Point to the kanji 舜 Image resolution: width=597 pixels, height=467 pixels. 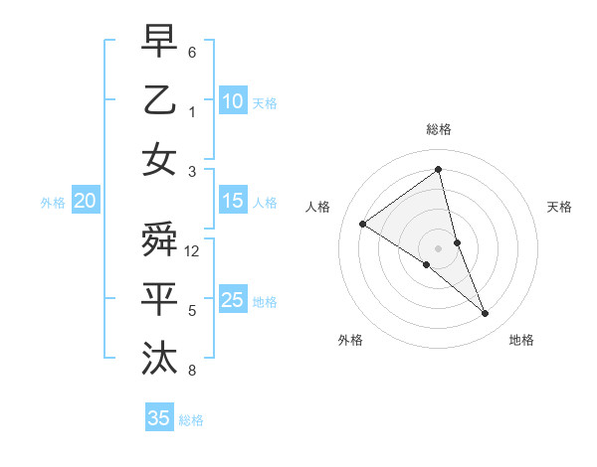coord(159,239)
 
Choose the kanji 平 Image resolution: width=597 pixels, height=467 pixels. coord(159,299)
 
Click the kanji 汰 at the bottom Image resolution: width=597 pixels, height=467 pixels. coord(159,359)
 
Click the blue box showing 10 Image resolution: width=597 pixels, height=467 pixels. coord(232,100)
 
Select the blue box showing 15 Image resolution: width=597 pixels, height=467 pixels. coord(232,201)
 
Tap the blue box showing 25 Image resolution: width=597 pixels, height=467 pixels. coord(232,300)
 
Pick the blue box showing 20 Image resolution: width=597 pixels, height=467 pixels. coord(85,201)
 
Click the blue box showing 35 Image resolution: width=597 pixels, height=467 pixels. coord(158,418)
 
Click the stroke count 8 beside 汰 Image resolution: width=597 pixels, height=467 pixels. coord(192,371)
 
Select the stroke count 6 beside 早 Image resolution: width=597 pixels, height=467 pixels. coord(192,52)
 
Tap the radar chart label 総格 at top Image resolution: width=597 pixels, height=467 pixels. coord(439,129)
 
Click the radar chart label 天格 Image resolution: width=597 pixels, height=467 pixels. coord(560,207)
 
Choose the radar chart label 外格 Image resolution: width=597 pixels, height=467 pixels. coord(349,340)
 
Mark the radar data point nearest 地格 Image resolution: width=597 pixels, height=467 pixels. coord(486,314)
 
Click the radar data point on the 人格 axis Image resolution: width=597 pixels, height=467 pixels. coord(362,224)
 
